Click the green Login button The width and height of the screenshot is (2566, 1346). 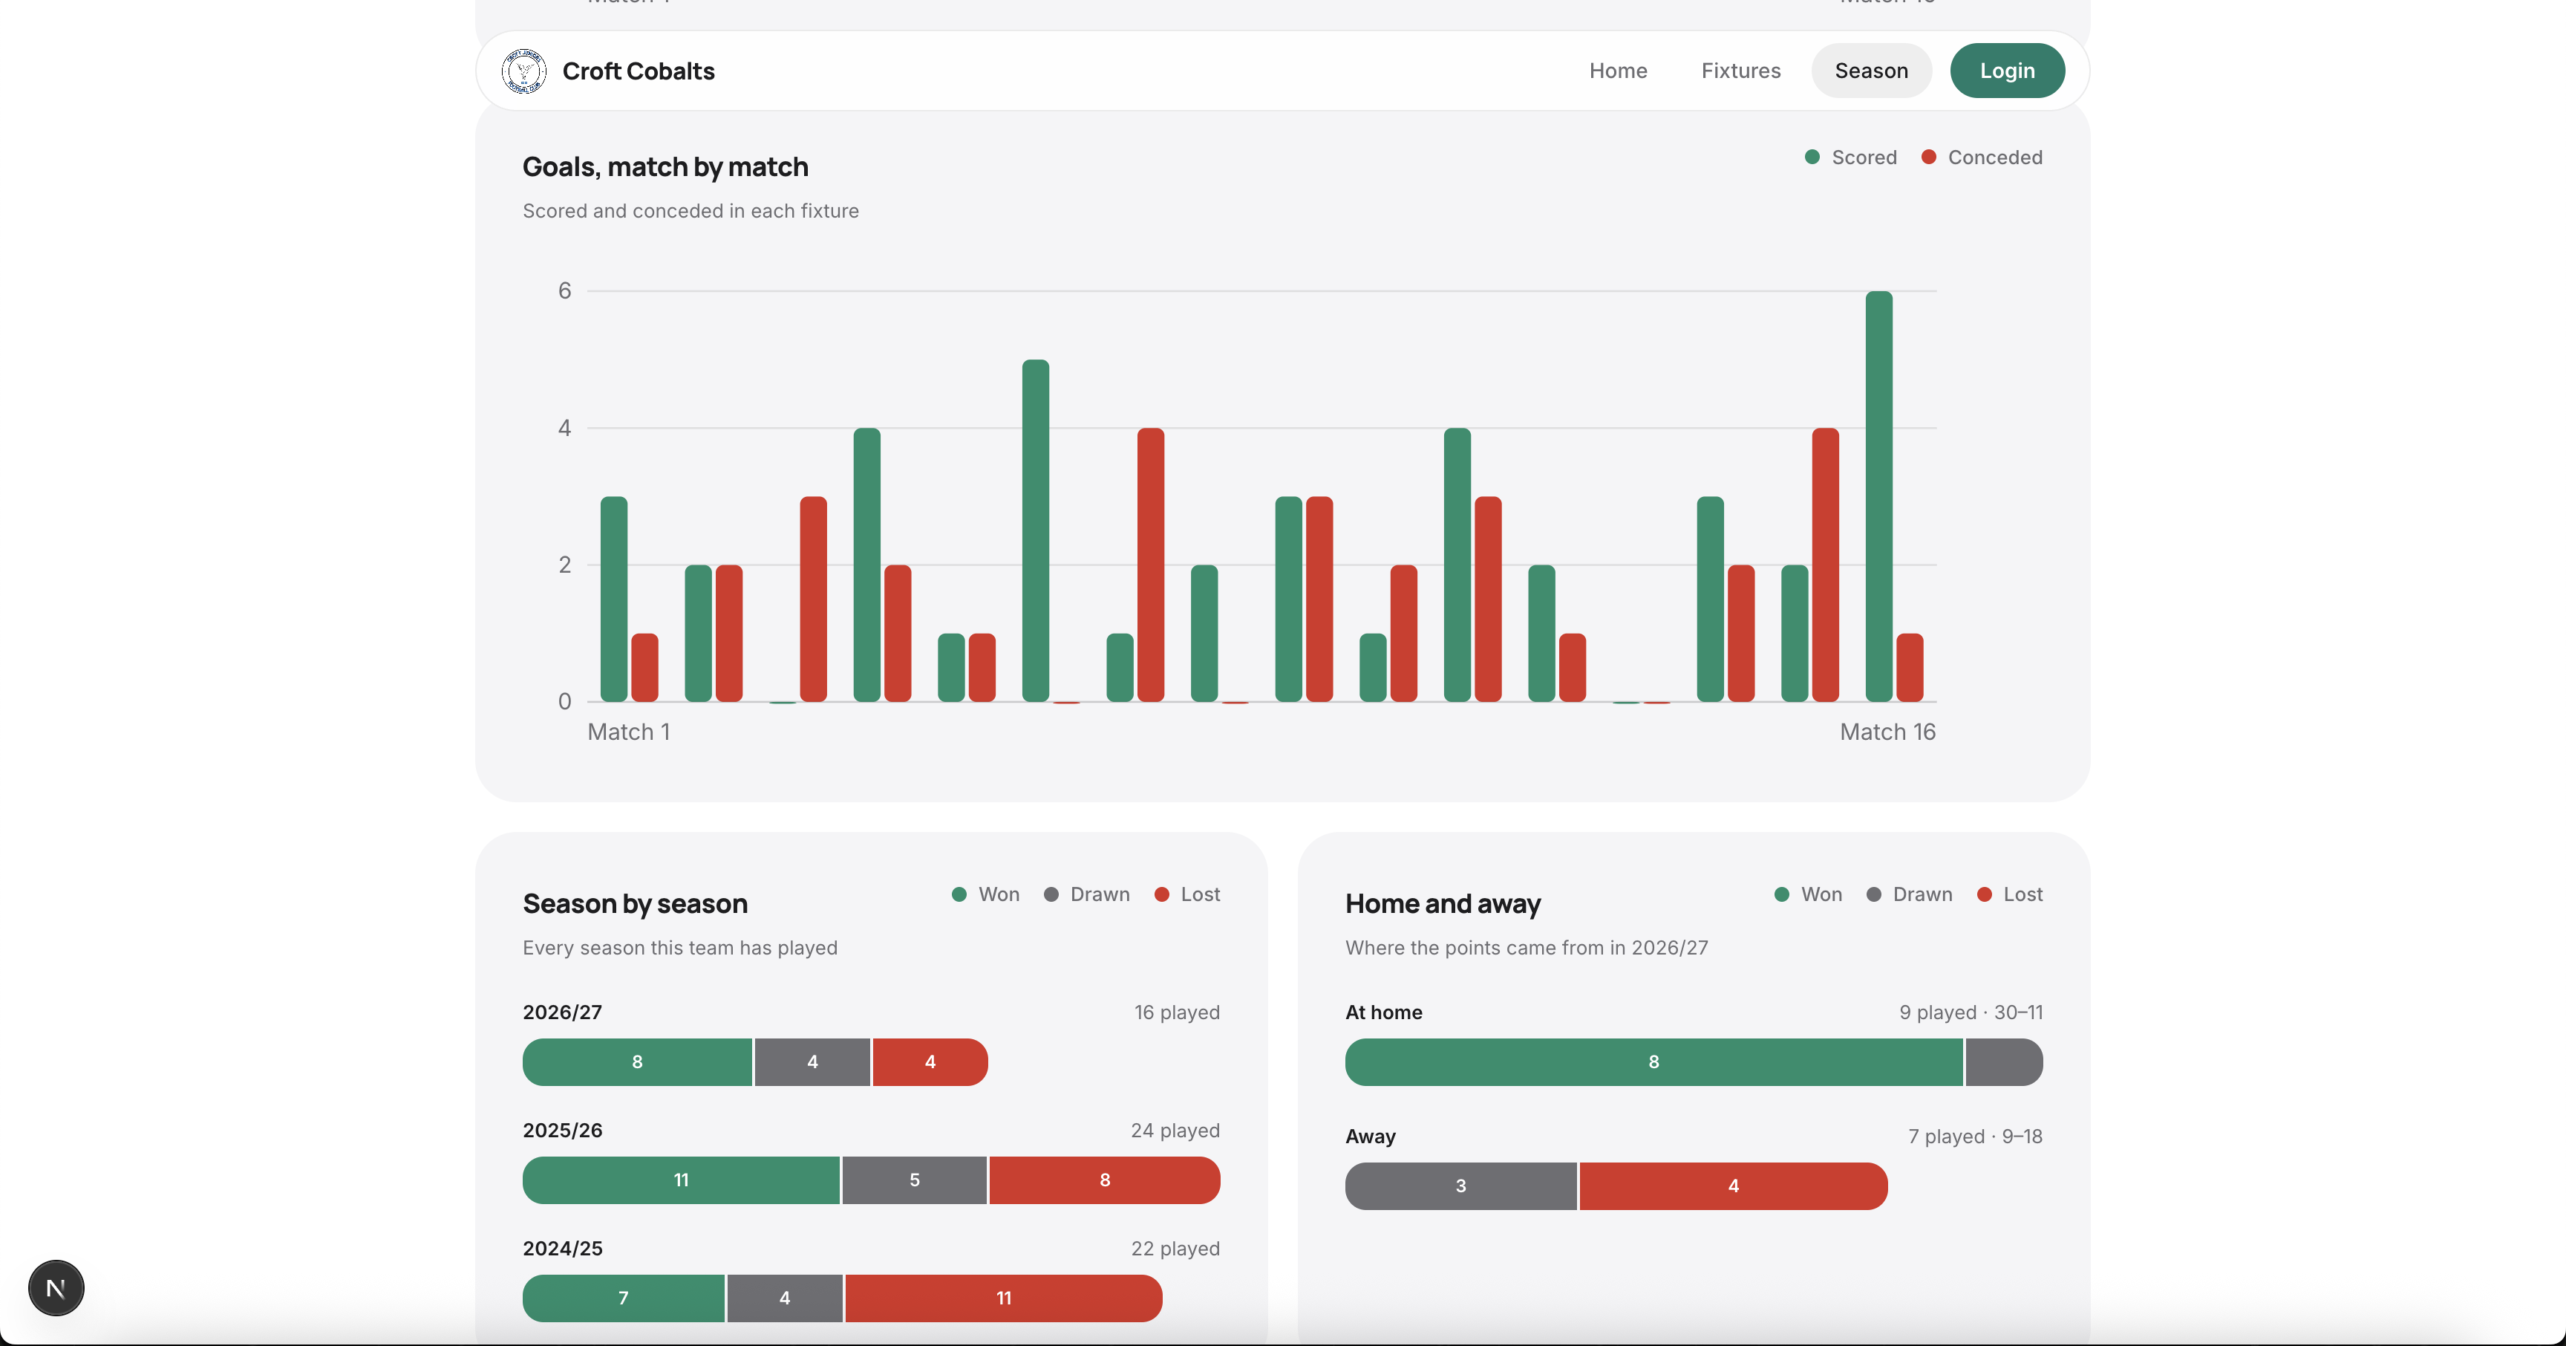click(x=2006, y=71)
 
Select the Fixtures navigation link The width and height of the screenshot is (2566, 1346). click(x=1740, y=71)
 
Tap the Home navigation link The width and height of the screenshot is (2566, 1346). click(x=1618, y=71)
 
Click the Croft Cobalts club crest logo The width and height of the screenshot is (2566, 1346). click(x=524, y=71)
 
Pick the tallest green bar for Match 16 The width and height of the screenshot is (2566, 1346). click(x=1878, y=496)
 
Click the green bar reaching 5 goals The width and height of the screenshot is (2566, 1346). click(x=1035, y=531)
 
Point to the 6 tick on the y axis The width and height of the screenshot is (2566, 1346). click(x=565, y=291)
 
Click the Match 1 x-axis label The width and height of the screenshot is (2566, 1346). click(x=629, y=732)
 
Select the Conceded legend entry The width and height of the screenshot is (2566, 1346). click(x=1982, y=157)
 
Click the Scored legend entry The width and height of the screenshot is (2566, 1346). click(x=1851, y=157)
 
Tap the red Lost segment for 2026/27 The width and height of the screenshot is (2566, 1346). click(x=930, y=1062)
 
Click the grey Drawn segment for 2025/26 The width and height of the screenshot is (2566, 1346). click(x=915, y=1180)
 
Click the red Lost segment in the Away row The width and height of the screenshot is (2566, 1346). click(x=1733, y=1186)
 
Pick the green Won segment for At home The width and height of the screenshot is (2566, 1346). click(x=1653, y=1062)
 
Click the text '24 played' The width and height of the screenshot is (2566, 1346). click(x=1175, y=1131)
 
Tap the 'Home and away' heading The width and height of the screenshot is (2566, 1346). click(x=1443, y=903)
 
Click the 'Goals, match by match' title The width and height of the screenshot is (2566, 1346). click(x=665, y=167)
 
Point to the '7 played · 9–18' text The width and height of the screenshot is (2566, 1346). click(x=1975, y=1137)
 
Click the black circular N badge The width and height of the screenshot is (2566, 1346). click(x=56, y=1288)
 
